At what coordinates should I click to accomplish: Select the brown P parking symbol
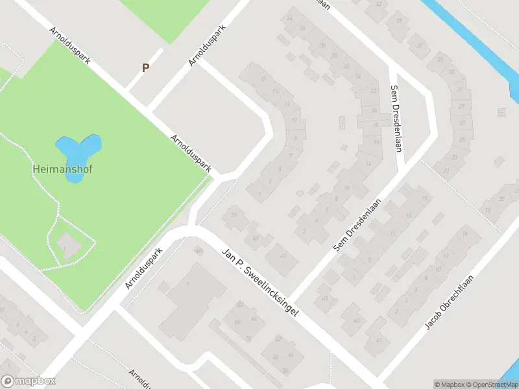(x=146, y=67)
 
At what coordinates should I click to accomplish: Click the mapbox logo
(x=29, y=381)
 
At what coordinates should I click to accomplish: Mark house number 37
(x=420, y=46)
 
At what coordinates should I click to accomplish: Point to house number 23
(x=455, y=158)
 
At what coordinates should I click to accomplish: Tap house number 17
(x=263, y=79)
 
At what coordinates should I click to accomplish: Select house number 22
(x=373, y=91)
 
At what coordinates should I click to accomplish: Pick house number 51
(x=234, y=214)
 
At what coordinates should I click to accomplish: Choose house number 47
(x=283, y=255)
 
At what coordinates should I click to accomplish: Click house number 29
(x=462, y=106)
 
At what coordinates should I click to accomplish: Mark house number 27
(x=446, y=171)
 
